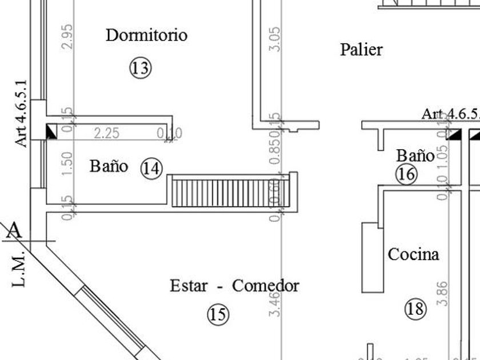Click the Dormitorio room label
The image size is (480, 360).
point(146,35)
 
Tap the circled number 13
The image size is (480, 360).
point(140,69)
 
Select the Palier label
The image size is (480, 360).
point(361,50)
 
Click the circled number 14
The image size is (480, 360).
point(152,169)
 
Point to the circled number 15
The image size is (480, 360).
point(217,314)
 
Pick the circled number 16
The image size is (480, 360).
point(406,174)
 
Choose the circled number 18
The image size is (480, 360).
point(415,309)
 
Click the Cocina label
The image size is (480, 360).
point(414,254)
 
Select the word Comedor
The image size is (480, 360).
point(265,285)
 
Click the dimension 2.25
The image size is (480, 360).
point(106,133)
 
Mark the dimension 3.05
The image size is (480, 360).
point(274,39)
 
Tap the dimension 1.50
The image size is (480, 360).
point(67,163)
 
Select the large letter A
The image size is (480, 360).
point(14,230)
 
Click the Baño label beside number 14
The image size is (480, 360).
point(109,166)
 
